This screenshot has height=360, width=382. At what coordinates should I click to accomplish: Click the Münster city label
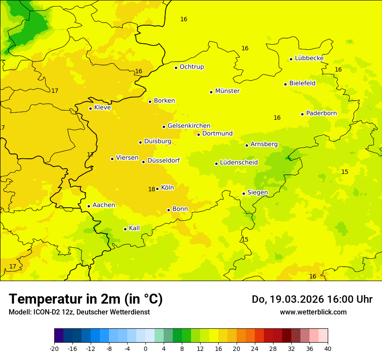tap(227, 91)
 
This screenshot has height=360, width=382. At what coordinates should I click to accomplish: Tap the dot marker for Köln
tap(157, 189)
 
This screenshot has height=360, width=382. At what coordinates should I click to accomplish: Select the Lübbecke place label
tap(309, 58)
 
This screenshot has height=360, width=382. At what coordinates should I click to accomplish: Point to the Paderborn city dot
tap(302, 114)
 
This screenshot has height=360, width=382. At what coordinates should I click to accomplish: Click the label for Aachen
tap(104, 205)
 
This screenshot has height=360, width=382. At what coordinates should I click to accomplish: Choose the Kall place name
tap(134, 228)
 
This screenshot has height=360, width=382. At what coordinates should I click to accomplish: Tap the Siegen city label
tap(257, 193)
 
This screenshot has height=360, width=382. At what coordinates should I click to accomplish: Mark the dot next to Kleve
tap(90, 108)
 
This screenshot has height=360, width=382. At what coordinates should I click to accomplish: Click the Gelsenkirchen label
tap(189, 126)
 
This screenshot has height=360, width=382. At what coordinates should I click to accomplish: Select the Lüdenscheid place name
tap(239, 163)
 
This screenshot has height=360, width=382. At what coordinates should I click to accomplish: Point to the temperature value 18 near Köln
tap(151, 189)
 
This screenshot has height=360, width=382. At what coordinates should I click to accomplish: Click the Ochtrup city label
tap(191, 67)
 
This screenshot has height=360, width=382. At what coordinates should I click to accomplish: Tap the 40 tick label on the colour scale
tap(328, 348)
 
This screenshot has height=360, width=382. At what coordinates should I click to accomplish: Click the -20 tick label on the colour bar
tap(54, 348)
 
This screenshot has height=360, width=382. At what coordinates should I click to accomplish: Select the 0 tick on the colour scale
tap(145, 348)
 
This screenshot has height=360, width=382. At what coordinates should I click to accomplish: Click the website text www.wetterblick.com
tap(313, 312)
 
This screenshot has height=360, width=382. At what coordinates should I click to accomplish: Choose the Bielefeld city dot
tap(285, 84)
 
